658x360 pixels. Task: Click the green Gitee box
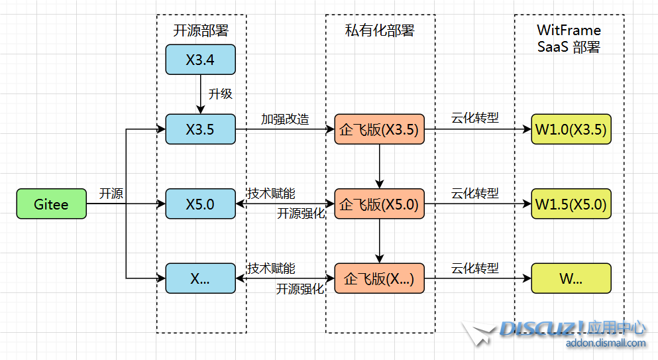pyautogui.click(x=52, y=204)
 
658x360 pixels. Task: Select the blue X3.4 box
pyautogui.click(x=200, y=60)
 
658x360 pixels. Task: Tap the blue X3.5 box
pyautogui.click(x=200, y=129)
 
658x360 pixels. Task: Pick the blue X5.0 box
pyautogui.click(x=200, y=204)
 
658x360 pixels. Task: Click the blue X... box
pyautogui.click(x=200, y=278)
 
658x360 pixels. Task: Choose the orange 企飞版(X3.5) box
pyautogui.click(x=378, y=129)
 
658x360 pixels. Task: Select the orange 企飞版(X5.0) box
pyautogui.click(x=378, y=204)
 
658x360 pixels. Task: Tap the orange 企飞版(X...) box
pyautogui.click(x=378, y=278)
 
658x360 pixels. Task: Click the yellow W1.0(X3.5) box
pyautogui.click(x=571, y=129)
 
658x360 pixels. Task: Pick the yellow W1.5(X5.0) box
pyautogui.click(x=571, y=204)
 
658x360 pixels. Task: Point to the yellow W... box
pyautogui.click(x=571, y=278)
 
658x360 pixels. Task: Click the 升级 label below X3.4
pyautogui.click(x=221, y=94)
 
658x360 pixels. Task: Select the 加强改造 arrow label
pyautogui.click(x=285, y=119)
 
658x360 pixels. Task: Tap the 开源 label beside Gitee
pyautogui.click(x=111, y=194)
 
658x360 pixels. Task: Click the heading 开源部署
pyautogui.click(x=200, y=30)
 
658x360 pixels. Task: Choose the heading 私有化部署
pyautogui.click(x=380, y=30)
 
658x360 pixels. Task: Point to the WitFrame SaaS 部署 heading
pyautogui.click(x=569, y=38)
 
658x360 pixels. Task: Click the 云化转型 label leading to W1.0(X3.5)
pyautogui.click(x=475, y=118)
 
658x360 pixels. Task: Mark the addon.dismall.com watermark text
pyautogui.click(x=606, y=343)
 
